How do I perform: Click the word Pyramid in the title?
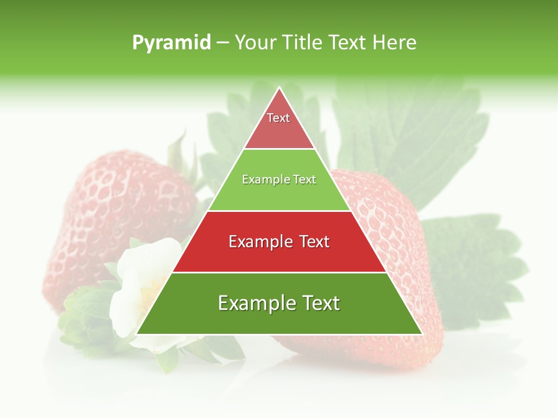171,43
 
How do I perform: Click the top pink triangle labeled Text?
279,125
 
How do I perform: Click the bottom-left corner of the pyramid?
138,333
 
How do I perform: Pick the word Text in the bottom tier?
316,303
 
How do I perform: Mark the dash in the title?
222,43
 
